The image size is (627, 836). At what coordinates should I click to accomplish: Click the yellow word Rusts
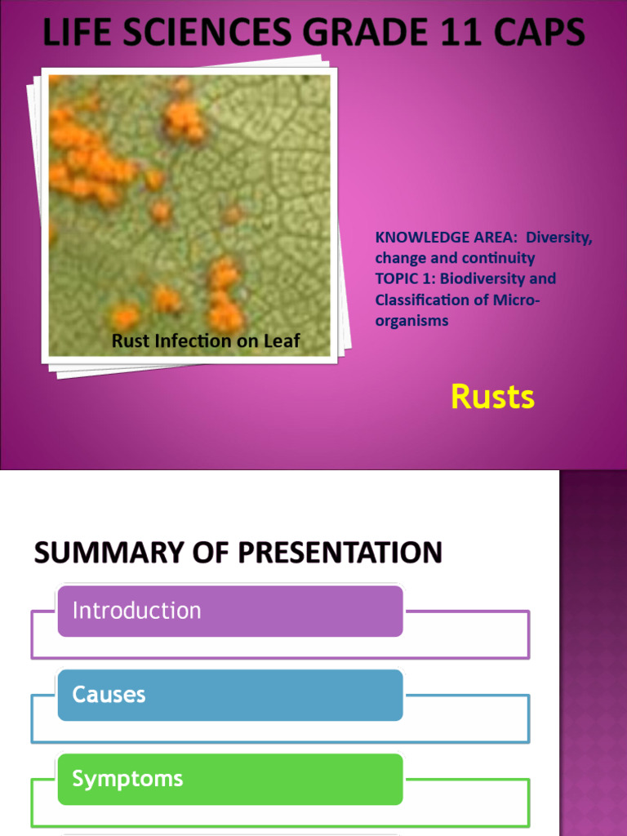pyautogui.click(x=492, y=398)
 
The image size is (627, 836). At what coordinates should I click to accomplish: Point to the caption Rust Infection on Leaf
pyautogui.click(x=206, y=341)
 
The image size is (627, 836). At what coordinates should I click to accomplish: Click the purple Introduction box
pyautogui.click(x=229, y=611)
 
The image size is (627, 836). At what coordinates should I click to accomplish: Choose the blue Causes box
pyautogui.click(x=229, y=695)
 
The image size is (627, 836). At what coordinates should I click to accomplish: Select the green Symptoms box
pyautogui.click(x=229, y=779)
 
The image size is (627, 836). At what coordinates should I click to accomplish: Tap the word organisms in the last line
pyautogui.click(x=411, y=321)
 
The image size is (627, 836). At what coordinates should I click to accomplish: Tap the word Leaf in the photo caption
pyautogui.click(x=282, y=341)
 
